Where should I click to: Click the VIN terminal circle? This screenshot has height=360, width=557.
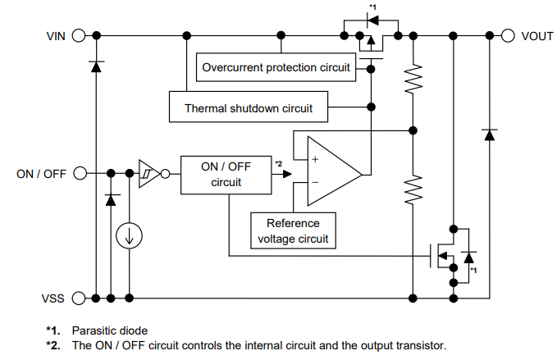pyautogui.click(x=79, y=35)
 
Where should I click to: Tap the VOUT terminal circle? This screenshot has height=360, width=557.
pyautogui.click(x=507, y=35)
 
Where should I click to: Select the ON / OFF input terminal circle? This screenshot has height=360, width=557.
pyautogui.click(x=79, y=173)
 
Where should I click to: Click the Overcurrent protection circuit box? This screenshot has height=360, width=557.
pyautogui.click(x=276, y=67)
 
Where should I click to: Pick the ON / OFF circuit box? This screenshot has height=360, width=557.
pyautogui.click(x=226, y=174)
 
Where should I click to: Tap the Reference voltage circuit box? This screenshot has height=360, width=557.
pyautogui.click(x=293, y=230)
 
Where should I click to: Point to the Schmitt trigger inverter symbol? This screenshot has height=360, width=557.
pyautogui.click(x=148, y=173)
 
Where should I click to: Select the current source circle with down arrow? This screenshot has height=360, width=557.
pyautogui.click(x=129, y=236)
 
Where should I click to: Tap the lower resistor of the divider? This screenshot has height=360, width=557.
pyautogui.click(x=414, y=190)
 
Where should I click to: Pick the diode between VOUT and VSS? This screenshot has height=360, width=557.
pyautogui.click(x=490, y=134)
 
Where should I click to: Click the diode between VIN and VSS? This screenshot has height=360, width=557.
pyautogui.click(x=96, y=66)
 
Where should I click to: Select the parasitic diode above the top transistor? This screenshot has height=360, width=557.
pyautogui.click(x=372, y=19)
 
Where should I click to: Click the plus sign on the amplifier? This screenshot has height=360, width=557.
pyautogui.click(x=315, y=159)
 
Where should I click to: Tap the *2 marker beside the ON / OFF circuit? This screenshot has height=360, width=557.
pyautogui.click(x=280, y=164)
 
